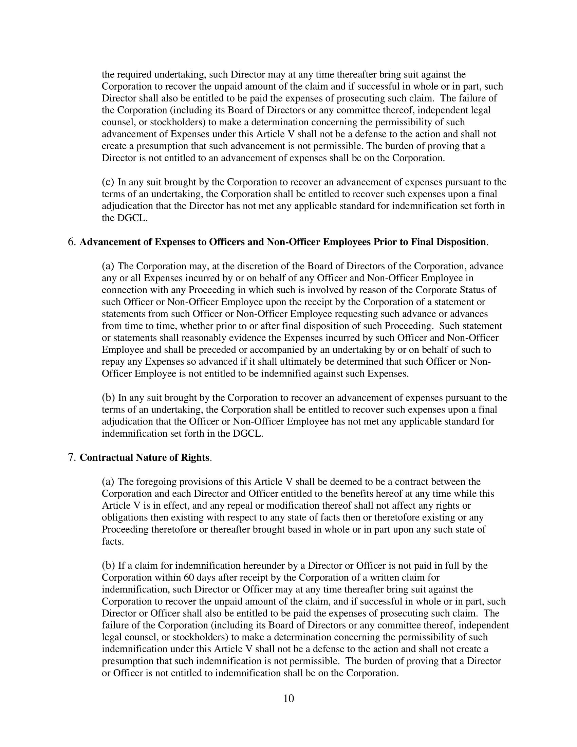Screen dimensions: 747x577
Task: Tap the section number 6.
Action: pos(71,242)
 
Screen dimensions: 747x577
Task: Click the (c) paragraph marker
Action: pos(108,182)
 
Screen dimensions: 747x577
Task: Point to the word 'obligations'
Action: pos(125,517)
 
